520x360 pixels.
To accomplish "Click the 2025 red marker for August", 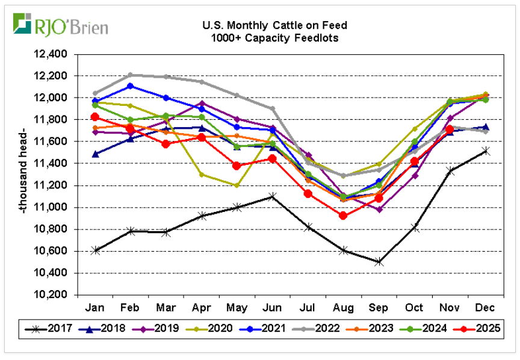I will (343, 216).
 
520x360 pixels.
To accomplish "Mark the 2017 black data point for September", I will (379, 262).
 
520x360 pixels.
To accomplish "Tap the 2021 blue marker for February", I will (131, 86).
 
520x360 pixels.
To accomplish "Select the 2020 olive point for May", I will (237, 185).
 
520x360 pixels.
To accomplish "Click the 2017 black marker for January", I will (95, 250).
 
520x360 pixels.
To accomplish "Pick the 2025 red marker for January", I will (95, 117).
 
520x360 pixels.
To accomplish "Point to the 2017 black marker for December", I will (485, 151).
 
